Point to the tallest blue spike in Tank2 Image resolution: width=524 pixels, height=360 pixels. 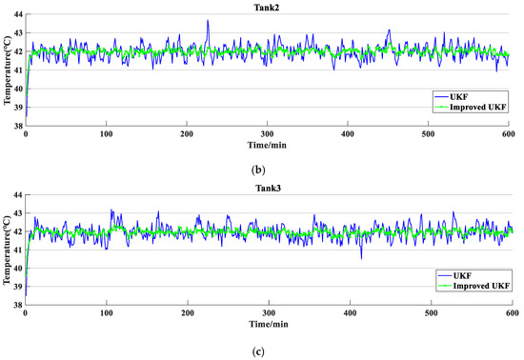tap(208, 21)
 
